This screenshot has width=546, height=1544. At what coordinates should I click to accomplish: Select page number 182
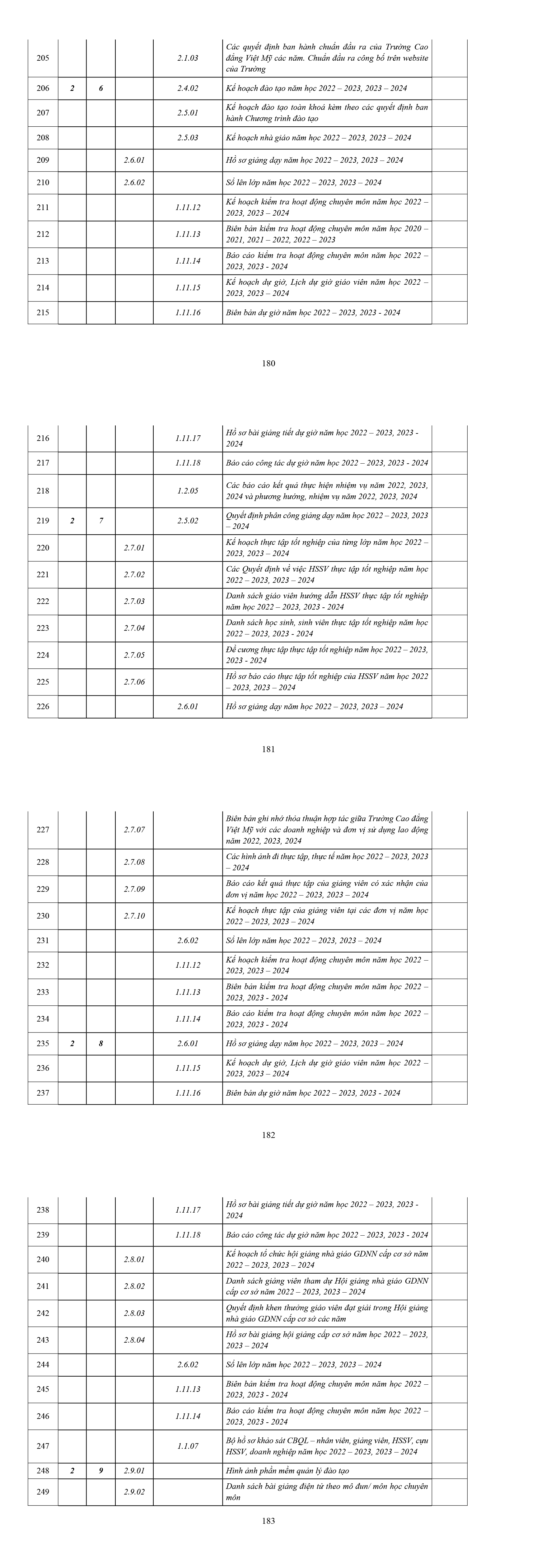pyautogui.click(x=268, y=1135)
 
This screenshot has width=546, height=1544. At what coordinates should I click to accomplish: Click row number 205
pyautogui.click(x=43, y=58)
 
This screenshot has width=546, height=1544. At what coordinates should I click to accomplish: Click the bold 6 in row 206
pyautogui.click(x=101, y=88)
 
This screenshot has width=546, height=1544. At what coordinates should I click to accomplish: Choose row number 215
pyautogui.click(x=43, y=312)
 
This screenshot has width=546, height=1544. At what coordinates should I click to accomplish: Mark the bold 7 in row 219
pyautogui.click(x=101, y=521)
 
